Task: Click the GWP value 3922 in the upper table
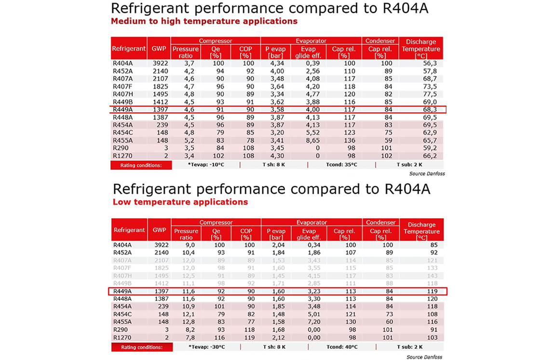point(161,63)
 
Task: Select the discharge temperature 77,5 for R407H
point(430,94)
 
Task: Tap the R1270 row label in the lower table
point(122,338)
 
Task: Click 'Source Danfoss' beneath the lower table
point(424,357)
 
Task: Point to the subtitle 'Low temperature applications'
point(180,202)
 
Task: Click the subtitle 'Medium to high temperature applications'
point(204,21)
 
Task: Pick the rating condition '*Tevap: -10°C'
point(206,164)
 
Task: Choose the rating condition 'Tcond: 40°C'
point(342,347)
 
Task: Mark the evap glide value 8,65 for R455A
point(313,140)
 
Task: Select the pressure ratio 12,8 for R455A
point(189,322)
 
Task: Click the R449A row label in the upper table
point(122,109)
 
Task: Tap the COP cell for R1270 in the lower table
point(249,338)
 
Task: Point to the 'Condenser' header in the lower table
point(380,222)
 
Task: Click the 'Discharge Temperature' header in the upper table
point(421,49)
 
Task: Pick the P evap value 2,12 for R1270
point(278,338)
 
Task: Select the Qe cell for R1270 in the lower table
point(219,338)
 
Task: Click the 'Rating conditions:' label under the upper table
point(141,165)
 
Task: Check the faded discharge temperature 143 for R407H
point(432,276)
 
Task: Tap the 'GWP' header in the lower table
point(160,229)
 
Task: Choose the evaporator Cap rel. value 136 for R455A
point(349,140)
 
